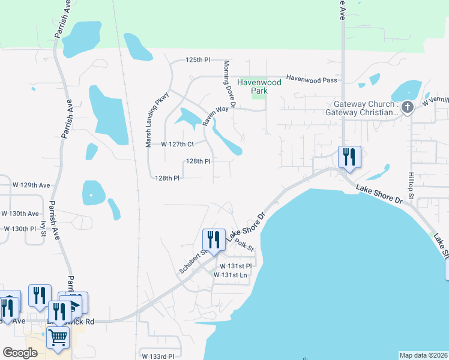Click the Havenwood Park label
click(x=258, y=86)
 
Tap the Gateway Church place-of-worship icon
click(x=408, y=108)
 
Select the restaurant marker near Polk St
click(x=214, y=239)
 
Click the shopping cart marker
click(x=58, y=337)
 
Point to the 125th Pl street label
click(x=198, y=60)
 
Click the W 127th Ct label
click(x=178, y=145)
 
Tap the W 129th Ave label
click(x=32, y=185)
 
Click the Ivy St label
click(x=43, y=229)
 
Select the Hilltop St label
click(x=411, y=187)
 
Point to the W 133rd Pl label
click(x=158, y=356)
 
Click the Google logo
click(x=20, y=353)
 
